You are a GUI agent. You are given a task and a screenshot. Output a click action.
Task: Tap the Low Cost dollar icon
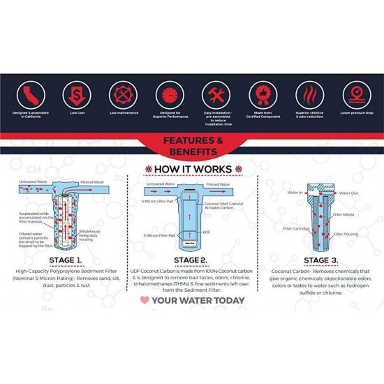(x=75, y=94)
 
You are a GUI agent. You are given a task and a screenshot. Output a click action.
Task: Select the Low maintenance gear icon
(x=121, y=94)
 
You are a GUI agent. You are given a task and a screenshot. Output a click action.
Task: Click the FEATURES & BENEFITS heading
(x=192, y=145)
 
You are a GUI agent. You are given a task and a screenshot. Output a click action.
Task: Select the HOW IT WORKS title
(x=192, y=169)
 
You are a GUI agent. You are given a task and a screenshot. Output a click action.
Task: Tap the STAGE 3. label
(x=320, y=260)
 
